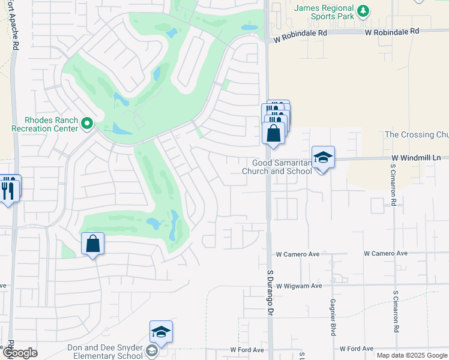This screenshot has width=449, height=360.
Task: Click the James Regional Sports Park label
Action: (324, 11)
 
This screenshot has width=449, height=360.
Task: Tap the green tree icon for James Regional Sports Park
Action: (363, 11)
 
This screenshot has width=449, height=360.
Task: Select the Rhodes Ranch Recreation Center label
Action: (45, 124)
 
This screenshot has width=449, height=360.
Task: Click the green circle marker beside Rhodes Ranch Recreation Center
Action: (87, 124)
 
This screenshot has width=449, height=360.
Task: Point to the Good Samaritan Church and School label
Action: (277, 166)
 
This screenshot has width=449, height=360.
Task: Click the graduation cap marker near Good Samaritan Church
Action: (323, 157)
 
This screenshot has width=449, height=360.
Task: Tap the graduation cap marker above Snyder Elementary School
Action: (161, 331)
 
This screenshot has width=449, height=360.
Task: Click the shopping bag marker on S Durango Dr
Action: (273, 133)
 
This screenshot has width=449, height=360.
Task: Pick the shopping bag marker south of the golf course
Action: (92, 244)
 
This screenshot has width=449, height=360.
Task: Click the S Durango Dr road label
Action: (270, 292)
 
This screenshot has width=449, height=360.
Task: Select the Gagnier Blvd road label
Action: (332, 316)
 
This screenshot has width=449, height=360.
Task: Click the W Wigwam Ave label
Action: (299, 286)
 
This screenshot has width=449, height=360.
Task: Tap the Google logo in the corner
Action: (20, 353)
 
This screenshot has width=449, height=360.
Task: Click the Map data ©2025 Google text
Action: (412, 355)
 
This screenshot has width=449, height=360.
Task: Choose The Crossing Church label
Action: (416, 134)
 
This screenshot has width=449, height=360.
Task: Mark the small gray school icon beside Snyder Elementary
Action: (152, 351)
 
